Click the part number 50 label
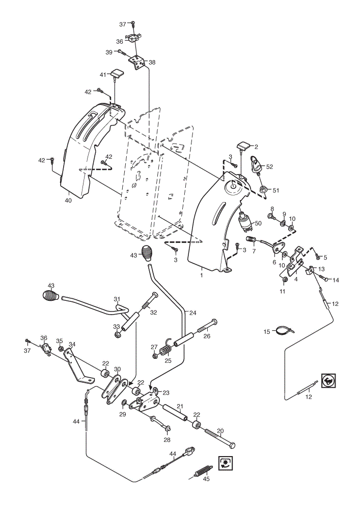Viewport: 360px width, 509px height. click(x=258, y=223)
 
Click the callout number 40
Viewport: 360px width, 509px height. click(x=68, y=200)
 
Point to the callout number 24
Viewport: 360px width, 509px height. click(x=193, y=313)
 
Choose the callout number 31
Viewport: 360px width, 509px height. click(x=117, y=299)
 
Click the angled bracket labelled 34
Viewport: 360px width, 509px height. click(x=77, y=365)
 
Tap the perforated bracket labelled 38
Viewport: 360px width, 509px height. click(x=137, y=62)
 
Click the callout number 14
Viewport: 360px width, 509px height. click(x=336, y=280)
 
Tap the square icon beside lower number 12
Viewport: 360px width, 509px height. click(x=328, y=380)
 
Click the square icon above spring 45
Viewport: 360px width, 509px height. click(x=225, y=462)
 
